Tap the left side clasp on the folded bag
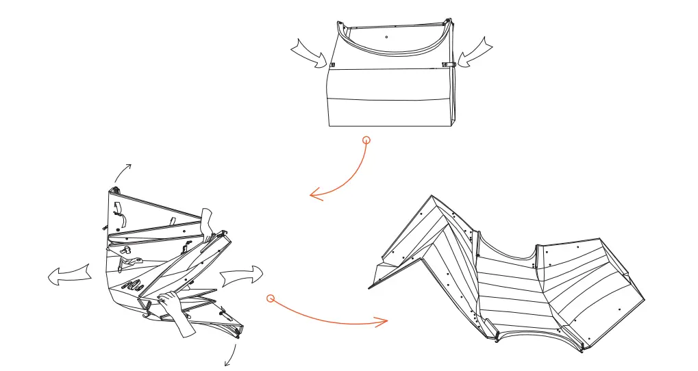[332, 65]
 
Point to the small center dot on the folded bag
[387, 36]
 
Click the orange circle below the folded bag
[366, 140]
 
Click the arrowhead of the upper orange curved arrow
[314, 196]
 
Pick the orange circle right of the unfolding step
[271, 298]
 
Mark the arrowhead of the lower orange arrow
[384, 320]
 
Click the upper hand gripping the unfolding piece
[207, 222]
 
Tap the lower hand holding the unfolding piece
[173, 308]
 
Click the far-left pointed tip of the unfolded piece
[371, 287]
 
